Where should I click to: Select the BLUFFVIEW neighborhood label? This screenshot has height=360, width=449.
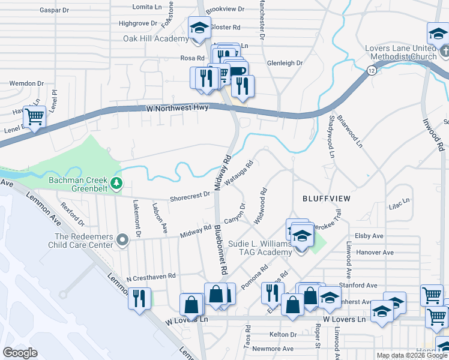[x=325, y=197]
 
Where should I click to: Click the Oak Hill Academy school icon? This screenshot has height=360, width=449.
[x=199, y=28]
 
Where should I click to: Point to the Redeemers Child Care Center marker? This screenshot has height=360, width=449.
[x=123, y=240]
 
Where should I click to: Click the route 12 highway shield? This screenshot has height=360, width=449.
[x=364, y=71]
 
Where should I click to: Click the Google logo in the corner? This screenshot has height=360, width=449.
[x=19, y=353]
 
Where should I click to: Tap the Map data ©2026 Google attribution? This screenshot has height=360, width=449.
[x=411, y=355]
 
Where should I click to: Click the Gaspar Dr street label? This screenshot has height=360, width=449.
[x=55, y=10]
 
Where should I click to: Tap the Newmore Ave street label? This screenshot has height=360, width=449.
[x=273, y=349]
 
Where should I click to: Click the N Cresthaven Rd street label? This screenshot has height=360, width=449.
[x=151, y=277]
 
